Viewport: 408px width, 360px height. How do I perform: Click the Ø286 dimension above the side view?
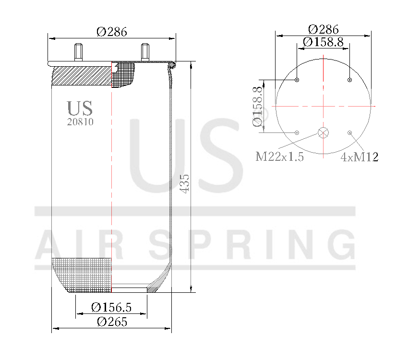112,32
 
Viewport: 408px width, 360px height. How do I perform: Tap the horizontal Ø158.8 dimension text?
323,42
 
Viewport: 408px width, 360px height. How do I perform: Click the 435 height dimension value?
184,183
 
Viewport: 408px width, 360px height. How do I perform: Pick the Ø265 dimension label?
112,322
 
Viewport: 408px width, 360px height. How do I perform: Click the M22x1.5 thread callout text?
279,157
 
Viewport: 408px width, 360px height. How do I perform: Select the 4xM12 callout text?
359,157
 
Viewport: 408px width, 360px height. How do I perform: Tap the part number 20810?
80,122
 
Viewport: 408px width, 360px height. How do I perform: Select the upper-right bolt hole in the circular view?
350,80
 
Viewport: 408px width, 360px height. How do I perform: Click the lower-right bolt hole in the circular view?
350,132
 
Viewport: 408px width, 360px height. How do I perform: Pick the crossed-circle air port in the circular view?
324,132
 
